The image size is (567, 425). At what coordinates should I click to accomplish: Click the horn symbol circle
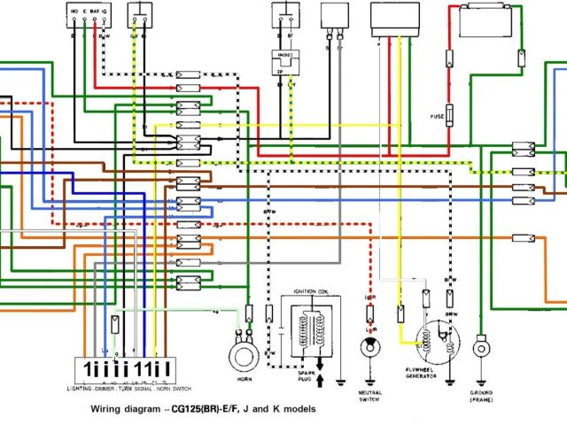coord(240,356)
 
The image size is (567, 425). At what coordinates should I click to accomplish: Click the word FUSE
coord(438,116)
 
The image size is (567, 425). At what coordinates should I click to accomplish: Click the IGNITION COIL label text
coord(309,290)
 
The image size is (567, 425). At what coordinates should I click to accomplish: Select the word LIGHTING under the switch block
coord(82,388)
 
